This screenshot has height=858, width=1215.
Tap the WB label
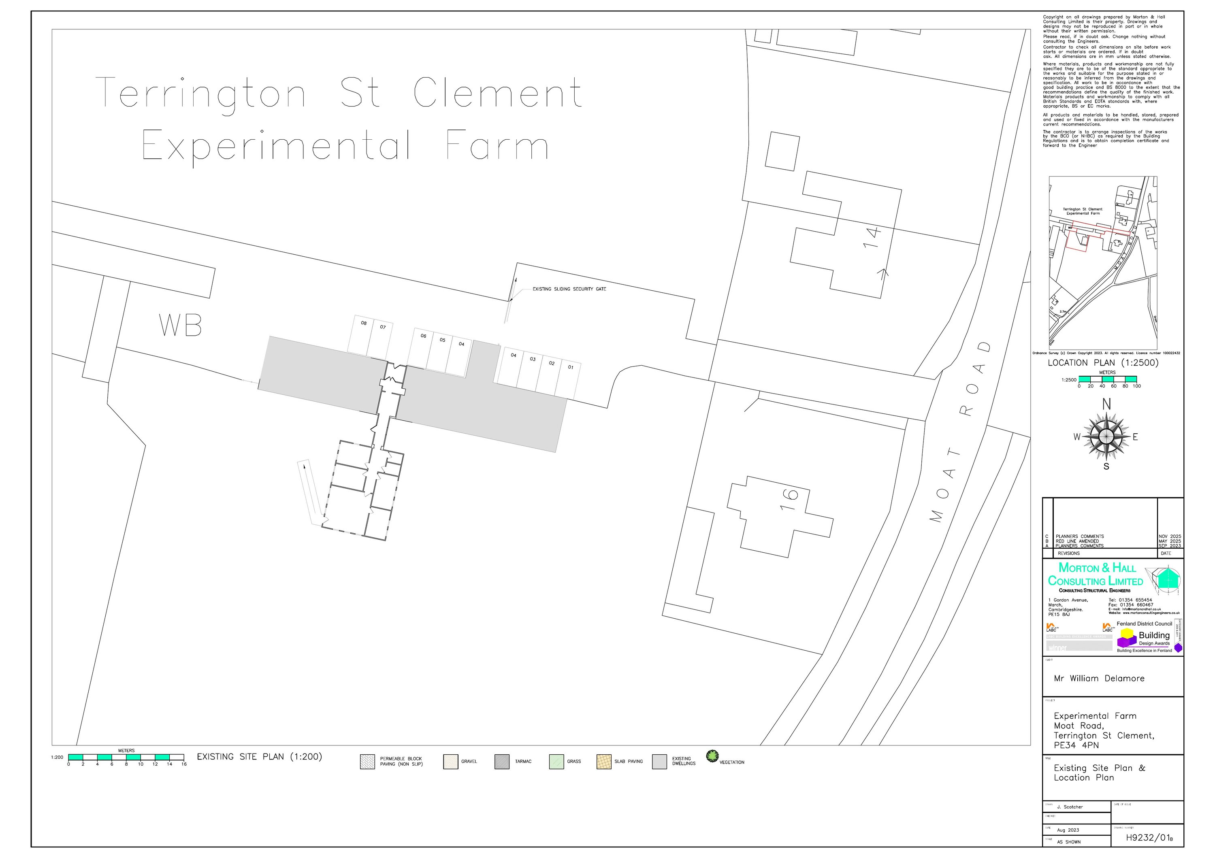pyautogui.click(x=181, y=326)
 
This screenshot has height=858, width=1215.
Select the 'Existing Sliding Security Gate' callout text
pyautogui.click(x=569, y=290)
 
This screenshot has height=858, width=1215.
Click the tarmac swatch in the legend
pyautogui.click(x=502, y=762)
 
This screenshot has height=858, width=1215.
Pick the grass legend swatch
pyautogui.click(x=556, y=762)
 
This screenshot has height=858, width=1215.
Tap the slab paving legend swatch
pyautogui.click(x=604, y=762)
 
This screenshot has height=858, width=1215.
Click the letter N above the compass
pyautogui.click(x=1106, y=405)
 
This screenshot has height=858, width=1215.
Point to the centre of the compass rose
pyautogui.click(x=1106, y=436)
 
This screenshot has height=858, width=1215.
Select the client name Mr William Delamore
pyautogui.click(x=1099, y=679)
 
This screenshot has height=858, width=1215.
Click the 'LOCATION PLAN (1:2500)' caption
pyautogui.click(x=1103, y=363)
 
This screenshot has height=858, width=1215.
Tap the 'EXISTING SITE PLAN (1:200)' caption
pyautogui.click(x=259, y=757)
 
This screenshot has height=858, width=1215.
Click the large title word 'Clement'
pyautogui.click(x=497, y=93)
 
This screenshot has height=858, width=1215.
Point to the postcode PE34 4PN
pyautogui.click(x=1076, y=745)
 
